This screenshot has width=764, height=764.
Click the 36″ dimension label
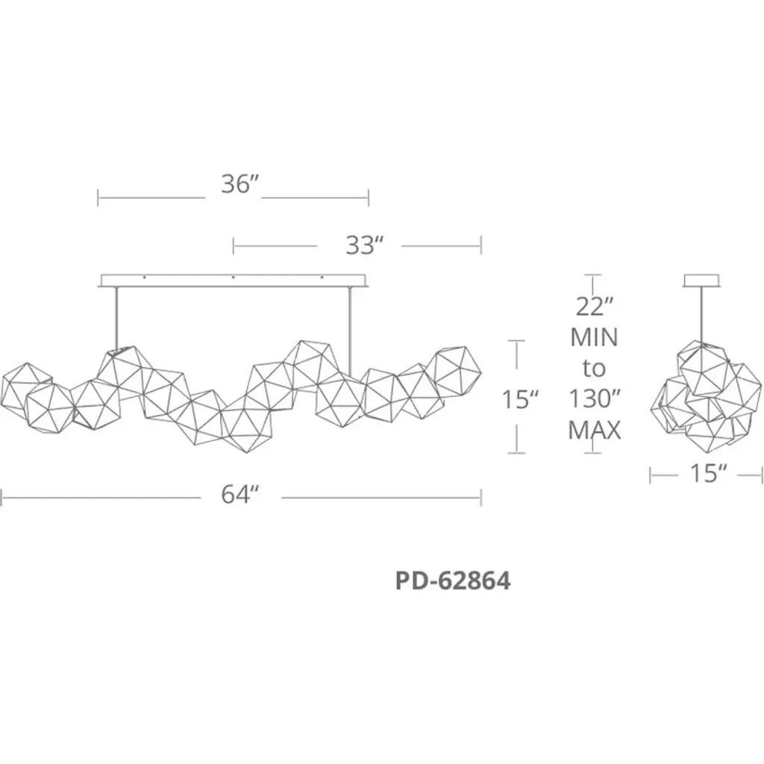[239, 184]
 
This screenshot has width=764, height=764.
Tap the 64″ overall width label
[239, 495]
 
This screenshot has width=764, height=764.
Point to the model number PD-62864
[453, 580]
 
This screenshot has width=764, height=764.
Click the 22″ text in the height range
[594, 307]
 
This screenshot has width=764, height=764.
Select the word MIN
[594, 337]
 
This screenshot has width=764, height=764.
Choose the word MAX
[595, 430]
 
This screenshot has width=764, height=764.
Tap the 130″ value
[594, 399]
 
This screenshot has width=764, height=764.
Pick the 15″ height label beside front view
[520, 400]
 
